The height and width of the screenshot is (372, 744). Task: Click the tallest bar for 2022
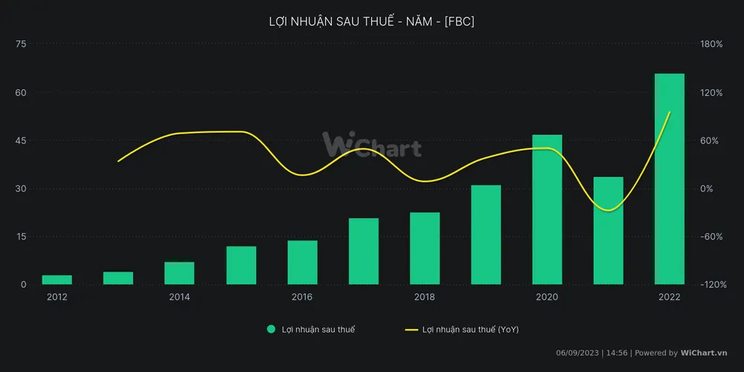pos(669,179)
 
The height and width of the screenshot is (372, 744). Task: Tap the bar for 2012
pos(57,280)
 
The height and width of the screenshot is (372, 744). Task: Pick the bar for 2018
pos(425,248)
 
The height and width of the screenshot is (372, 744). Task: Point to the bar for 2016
pos(302,263)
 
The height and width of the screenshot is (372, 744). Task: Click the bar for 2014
pos(179,273)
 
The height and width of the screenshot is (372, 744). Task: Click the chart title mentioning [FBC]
pos(371,22)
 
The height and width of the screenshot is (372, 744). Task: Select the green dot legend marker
pos(272,329)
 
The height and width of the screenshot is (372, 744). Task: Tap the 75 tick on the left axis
pos(21,44)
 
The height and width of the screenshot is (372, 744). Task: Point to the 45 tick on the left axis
pos(21,141)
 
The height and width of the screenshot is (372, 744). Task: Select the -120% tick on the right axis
pos(711,285)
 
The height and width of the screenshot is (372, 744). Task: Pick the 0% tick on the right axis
pos(707,189)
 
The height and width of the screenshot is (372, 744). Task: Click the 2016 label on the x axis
pos(302,297)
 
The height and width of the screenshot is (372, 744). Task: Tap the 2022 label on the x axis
pos(669,297)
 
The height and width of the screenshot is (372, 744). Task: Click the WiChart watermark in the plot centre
pos(371,146)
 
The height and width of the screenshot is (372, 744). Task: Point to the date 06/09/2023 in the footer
pos(578,353)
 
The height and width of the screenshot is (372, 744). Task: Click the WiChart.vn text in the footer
pos(704,353)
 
